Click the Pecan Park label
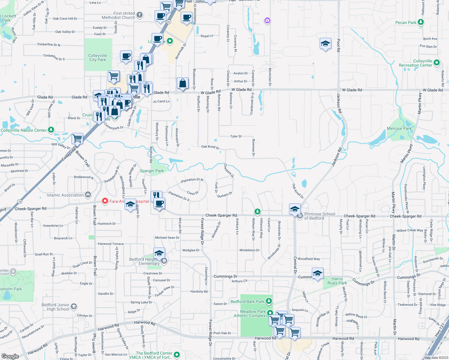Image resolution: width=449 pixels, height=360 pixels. [x=406, y=22]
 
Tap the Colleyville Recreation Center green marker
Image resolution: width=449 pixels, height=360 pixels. [x=437, y=63]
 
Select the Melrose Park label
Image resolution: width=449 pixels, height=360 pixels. [x=399, y=128]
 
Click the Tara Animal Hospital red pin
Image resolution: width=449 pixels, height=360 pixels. [x=105, y=201]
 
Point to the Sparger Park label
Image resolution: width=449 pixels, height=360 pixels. [x=152, y=171]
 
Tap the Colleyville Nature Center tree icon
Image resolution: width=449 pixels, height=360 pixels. [x=51, y=130]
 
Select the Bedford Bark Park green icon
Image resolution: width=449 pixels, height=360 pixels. [x=269, y=301]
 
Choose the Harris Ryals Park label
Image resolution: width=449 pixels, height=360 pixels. [x=337, y=281]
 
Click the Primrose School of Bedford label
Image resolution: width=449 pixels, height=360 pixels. [x=319, y=216]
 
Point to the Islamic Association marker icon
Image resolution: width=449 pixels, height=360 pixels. [x=88, y=195]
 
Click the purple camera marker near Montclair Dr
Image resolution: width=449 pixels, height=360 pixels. [x=267, y=20]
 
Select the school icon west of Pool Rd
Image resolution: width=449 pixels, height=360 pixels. [x=325, y=44]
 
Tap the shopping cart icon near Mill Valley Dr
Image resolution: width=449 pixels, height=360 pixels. [x=77, y=139]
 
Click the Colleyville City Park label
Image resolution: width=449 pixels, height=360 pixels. [x=98, y=58]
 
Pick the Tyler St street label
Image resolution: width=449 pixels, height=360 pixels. [x=236, y=136]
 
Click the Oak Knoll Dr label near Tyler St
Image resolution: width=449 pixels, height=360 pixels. [x=210, y=147]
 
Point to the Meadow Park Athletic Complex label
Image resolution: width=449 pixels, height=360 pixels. [x=250, y=313]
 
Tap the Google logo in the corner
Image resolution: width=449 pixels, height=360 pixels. [x=10, y=356]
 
